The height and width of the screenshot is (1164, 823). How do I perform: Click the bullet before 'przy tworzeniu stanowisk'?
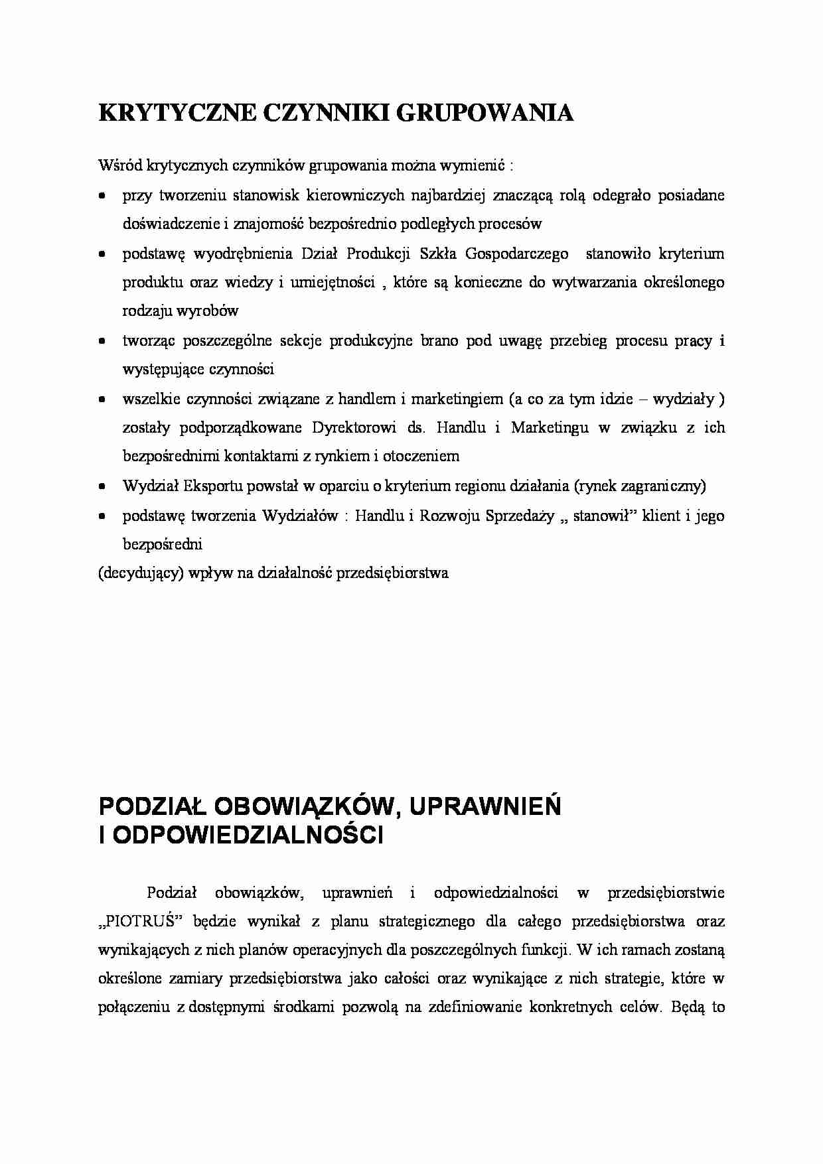click(102, 196)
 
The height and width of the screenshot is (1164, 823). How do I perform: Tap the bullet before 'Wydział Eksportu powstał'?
click(102, 486)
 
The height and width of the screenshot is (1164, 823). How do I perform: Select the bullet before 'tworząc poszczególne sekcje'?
click(102, 342)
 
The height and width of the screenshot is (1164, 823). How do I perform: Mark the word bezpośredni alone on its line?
click(162, 544)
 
